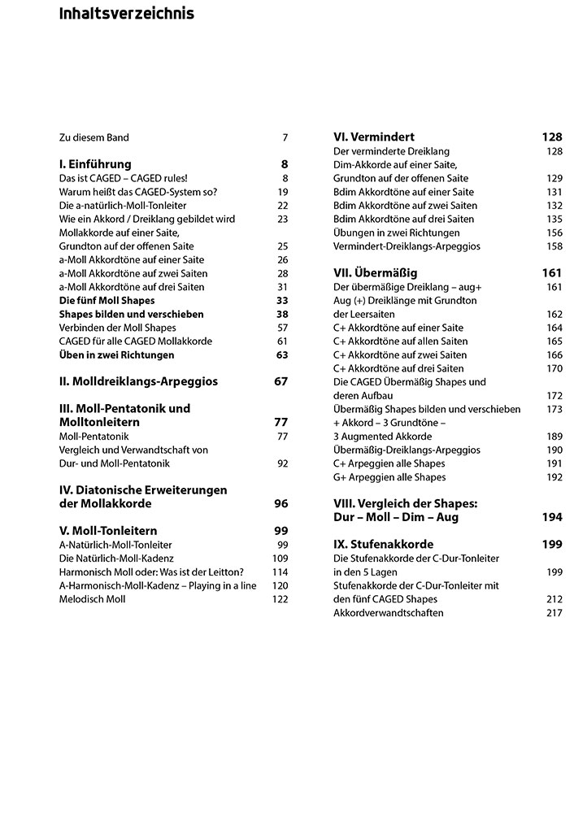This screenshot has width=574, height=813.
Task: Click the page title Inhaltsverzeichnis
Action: tap(126, 14)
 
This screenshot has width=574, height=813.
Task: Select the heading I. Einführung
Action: tap(95, 164)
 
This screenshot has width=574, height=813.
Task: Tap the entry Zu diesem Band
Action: tap(94, 137)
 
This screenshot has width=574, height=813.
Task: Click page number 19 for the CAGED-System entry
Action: tap(282, 192)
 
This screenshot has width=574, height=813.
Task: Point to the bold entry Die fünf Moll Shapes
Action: tap(107, 301)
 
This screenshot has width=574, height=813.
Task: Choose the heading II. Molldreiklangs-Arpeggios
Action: tap(138, 381)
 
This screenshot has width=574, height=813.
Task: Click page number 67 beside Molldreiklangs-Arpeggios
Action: tap(280, 381)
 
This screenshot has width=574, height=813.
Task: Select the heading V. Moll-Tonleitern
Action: tap(108, 531)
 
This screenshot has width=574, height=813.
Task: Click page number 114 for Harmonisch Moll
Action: tap(280, 572)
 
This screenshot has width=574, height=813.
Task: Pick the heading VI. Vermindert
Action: tap(375, 137)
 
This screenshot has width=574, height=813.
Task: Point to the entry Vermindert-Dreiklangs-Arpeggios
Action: tap(407, 246)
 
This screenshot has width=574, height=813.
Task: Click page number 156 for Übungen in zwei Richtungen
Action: tap(554, 233)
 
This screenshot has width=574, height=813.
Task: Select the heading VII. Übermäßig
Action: tap(376, 273)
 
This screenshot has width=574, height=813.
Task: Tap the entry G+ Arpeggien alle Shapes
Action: tap(389, 477)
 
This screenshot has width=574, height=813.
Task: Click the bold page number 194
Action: tap(552, 517)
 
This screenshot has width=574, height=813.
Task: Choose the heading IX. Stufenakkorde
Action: tap(384, 544)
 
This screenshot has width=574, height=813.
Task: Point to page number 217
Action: tap(554, 612)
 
